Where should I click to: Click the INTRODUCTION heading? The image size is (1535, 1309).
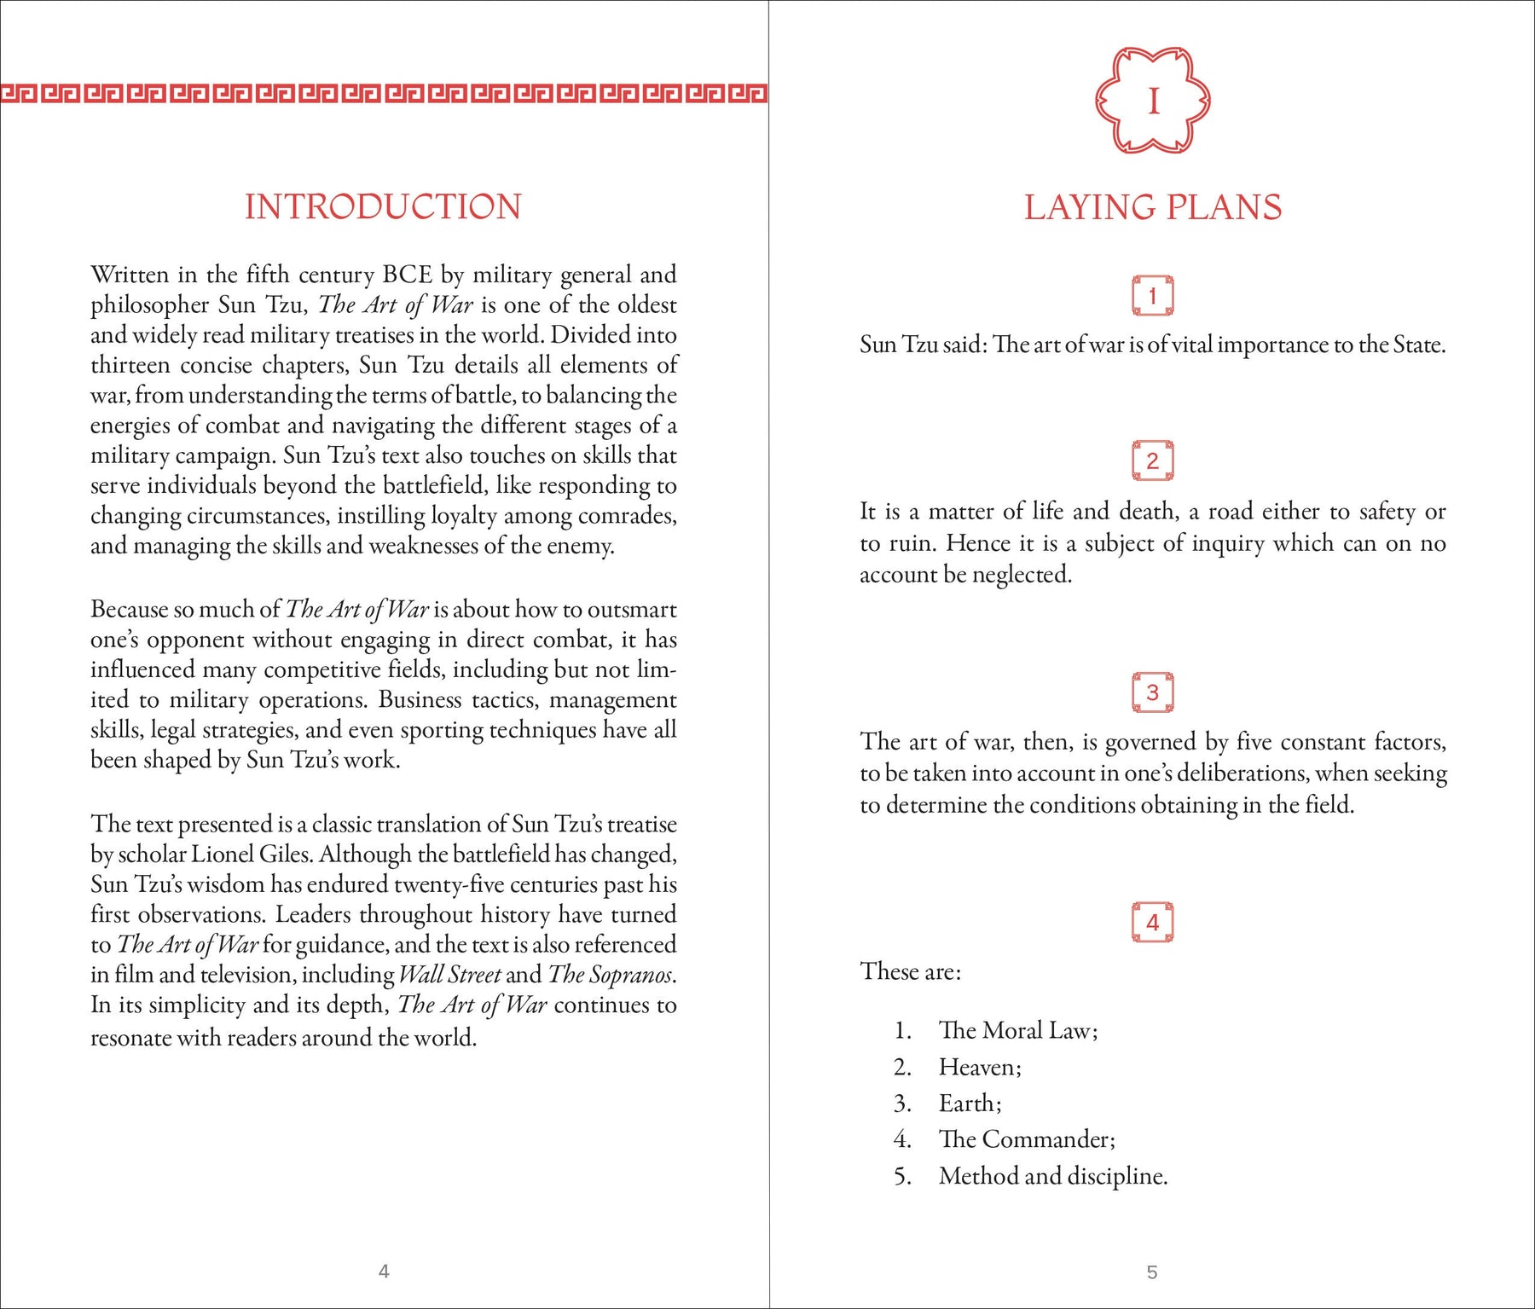(383, 207)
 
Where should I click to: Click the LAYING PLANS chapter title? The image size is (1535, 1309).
(1152, 207)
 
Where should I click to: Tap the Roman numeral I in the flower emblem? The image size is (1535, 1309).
(1153, 101)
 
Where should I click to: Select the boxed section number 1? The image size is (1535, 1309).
(1152, 296)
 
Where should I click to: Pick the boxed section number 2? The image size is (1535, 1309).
(1152, 460)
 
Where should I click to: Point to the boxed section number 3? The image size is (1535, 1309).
(1152, 692)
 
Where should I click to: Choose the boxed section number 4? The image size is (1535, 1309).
(1152, 922)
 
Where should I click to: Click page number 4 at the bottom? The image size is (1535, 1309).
(384, 1271)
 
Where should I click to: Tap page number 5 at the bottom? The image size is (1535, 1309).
(1152, 1272)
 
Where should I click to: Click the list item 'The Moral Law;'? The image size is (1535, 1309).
(1018, 1030)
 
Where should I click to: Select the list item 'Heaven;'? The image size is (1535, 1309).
(980, 1067)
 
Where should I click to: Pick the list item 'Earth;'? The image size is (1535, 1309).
(970, 1103)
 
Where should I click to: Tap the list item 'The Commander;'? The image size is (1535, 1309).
(1027, 1139)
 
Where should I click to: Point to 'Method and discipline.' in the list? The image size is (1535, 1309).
(1053, 1176)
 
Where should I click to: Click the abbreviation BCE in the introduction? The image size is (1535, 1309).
(407, 275)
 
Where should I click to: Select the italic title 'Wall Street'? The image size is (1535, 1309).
(449, 974)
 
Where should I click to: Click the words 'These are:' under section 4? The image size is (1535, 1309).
(911, 971)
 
